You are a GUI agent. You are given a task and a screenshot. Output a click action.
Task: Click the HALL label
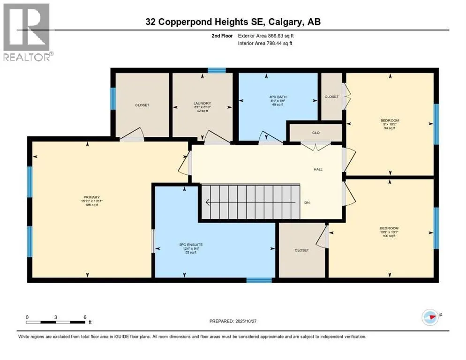318,169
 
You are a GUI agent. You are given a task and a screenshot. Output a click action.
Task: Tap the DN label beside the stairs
307,203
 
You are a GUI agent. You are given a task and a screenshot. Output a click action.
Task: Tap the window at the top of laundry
217,71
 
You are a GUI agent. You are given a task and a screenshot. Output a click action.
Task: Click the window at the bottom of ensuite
259,280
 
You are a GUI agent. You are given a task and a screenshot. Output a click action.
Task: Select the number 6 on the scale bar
85,317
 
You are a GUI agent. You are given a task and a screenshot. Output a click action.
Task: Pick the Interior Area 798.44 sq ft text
265,43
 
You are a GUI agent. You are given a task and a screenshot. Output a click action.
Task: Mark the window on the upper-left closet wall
113,98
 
